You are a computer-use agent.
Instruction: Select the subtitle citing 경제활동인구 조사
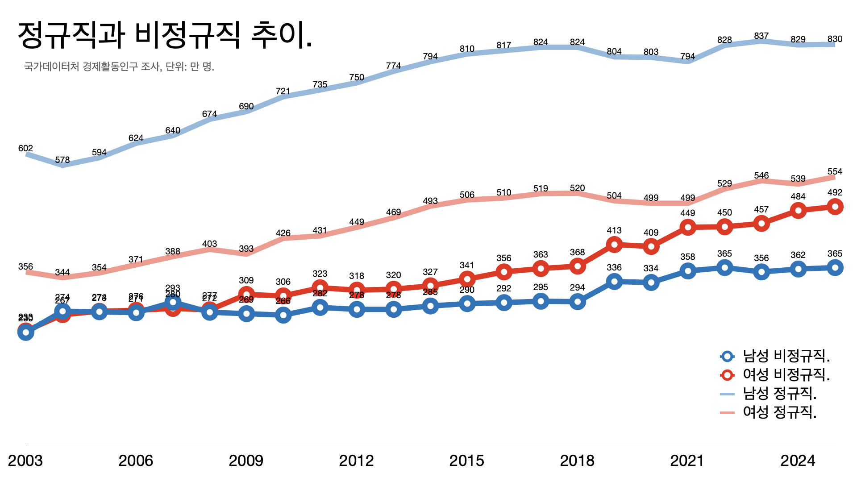pos(119,67)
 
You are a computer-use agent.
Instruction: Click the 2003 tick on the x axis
pos(25,461)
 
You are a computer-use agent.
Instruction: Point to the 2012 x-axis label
pos(356,461)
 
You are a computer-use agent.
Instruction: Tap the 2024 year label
pos(798,461)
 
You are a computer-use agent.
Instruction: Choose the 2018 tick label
pos(577,461)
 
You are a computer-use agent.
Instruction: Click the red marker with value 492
pos(835,207)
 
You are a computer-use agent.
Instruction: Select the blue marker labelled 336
pos(614,281)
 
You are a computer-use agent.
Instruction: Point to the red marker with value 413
pos(614,245)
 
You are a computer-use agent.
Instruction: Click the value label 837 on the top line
pos(761,36)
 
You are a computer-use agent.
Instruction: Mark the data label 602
pos(25,148)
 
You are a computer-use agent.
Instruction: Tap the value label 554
pos(835,171)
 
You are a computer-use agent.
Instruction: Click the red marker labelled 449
pos(688,228)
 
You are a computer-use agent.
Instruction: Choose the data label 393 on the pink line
pos(246,249)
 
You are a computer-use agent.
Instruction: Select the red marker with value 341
pos(467,279)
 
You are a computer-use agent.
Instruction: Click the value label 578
pos(62,160)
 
